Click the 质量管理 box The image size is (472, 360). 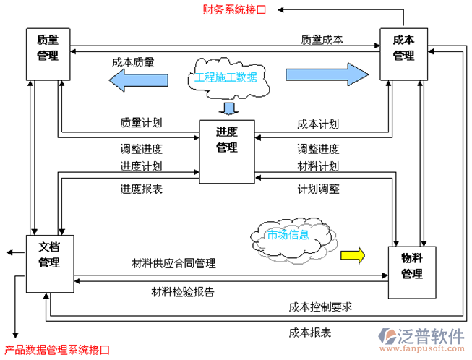[48, 53]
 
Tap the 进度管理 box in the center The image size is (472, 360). [226, 150]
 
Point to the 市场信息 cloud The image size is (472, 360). [289, 235]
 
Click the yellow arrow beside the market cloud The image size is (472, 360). [353, 254]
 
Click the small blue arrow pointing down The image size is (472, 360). [229, 109]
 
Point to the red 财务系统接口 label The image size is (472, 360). [233, 9]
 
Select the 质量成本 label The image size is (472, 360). [322, 40]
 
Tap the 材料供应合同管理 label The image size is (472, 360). [173, 263]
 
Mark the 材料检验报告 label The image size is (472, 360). [182, 292]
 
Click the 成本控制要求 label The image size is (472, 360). [319, 307]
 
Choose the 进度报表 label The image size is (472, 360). [141, 189]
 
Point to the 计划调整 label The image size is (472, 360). [318, 189]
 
